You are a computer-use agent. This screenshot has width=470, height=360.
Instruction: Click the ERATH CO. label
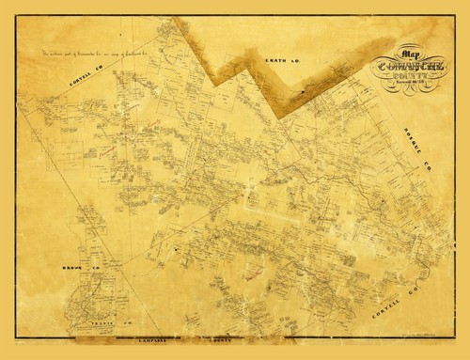point(289,64)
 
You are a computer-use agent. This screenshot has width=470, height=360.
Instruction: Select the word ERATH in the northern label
point(278,63)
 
